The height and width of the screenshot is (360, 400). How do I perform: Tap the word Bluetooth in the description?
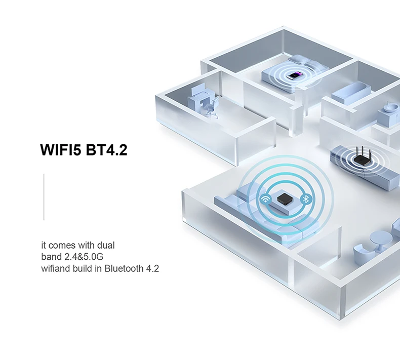124,268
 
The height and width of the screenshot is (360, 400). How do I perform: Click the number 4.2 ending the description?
152,268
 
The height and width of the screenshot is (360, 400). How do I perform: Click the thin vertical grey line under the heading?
44,197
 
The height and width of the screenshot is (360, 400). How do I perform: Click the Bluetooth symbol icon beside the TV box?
305,199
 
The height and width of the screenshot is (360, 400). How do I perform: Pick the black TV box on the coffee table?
285,199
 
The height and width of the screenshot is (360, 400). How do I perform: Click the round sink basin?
391,107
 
